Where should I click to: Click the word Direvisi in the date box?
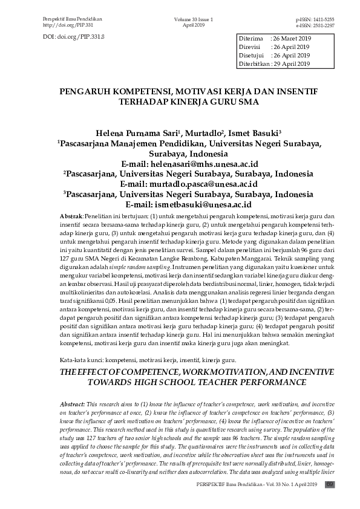point(250,47)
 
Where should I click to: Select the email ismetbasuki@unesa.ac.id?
point(207,204)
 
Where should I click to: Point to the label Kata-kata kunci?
point(79,360)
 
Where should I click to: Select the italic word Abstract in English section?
point(73,403)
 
